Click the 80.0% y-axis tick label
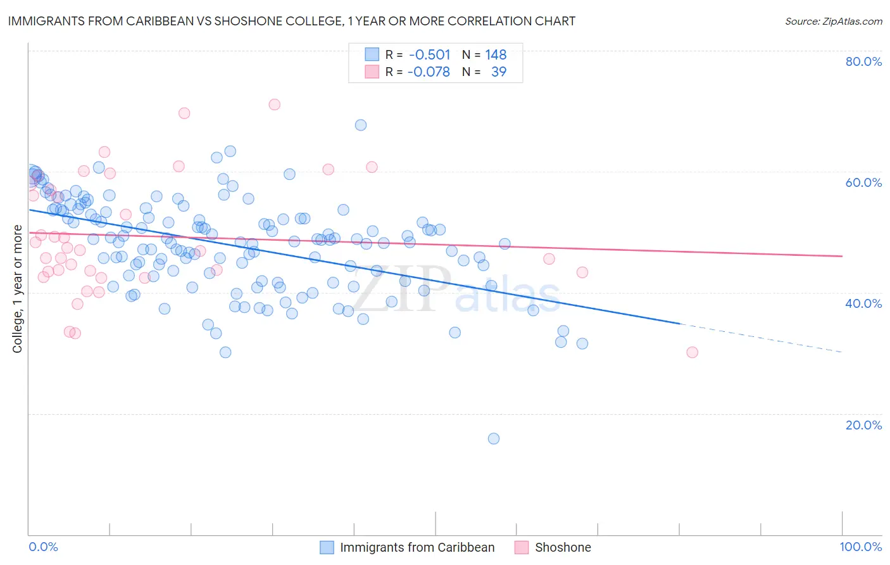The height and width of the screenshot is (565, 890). tap(863, 61)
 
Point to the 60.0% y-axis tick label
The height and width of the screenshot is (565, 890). tap(863, 182)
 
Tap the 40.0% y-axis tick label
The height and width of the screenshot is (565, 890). tap(863, 303)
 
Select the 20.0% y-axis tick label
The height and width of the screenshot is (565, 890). tap(863, 424)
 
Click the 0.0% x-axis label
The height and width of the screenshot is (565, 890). tap(43, 547)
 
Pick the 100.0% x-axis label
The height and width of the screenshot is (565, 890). tap(860, 547)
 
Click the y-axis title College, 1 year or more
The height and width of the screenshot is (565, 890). tap(18, 289)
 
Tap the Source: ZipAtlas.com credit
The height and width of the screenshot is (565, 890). tap(833, 21)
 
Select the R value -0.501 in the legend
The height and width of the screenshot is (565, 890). tap(429, 54)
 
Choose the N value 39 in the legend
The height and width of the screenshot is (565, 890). tap(499, 72)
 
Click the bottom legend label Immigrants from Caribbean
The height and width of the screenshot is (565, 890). tap(417, 547)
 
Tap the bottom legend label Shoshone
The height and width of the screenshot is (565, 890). tap(563, 547)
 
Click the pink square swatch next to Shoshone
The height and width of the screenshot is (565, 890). tap(521, 547)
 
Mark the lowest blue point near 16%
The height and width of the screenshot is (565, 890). tap(494, 438)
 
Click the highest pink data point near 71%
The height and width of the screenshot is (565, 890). tap(274, 105)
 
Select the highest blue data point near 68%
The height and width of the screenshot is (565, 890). tap(360, 125)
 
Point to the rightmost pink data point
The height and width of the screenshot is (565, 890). tap(692, 352)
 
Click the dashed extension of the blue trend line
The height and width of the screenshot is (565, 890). tap(760, 338)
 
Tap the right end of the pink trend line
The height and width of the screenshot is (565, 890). tap(841, 256)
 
